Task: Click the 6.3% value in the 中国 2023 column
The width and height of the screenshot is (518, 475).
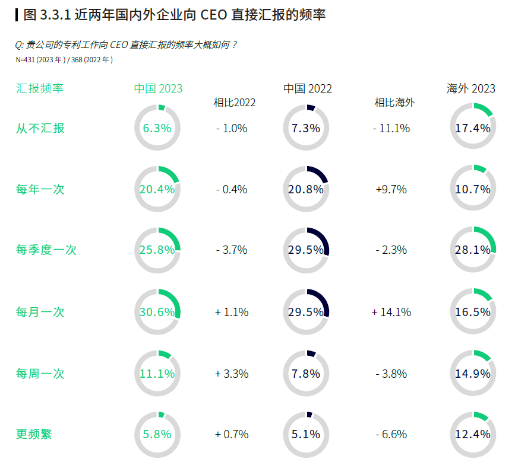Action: tap(157, 128)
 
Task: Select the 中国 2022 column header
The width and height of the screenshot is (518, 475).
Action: tap(307, 89)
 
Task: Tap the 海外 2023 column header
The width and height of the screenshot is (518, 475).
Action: tap(470, 89)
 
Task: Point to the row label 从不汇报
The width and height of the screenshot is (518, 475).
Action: tap(40, 128)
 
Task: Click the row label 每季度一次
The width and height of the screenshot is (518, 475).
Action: tap(46, 250)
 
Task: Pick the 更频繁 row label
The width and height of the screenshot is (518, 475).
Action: tap(34, 434)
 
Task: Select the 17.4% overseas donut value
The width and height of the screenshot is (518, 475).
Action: tap(473, 128)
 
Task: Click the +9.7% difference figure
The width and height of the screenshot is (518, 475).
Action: tap(391, 190)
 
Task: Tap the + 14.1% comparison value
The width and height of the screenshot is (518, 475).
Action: tap(391, 312)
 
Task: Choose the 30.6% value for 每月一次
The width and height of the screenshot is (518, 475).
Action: tap(157, 312)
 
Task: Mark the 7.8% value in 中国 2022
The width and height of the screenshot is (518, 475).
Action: tap(306, 374)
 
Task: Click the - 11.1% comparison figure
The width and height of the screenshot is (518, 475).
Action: tap(391, 128)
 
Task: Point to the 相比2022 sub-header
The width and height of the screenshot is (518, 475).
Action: tap(235, 103)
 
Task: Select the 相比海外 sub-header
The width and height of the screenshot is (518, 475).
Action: tap(394, 103)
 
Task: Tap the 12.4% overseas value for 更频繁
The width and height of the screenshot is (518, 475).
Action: tap(473, 434)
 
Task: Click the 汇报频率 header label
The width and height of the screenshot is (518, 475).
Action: tap(40, 88)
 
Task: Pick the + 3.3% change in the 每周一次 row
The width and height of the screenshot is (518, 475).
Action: tap(232, 374)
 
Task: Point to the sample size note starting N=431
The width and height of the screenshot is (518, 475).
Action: tap(64, 60)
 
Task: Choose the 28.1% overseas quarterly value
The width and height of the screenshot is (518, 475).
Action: tap(473, 250)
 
